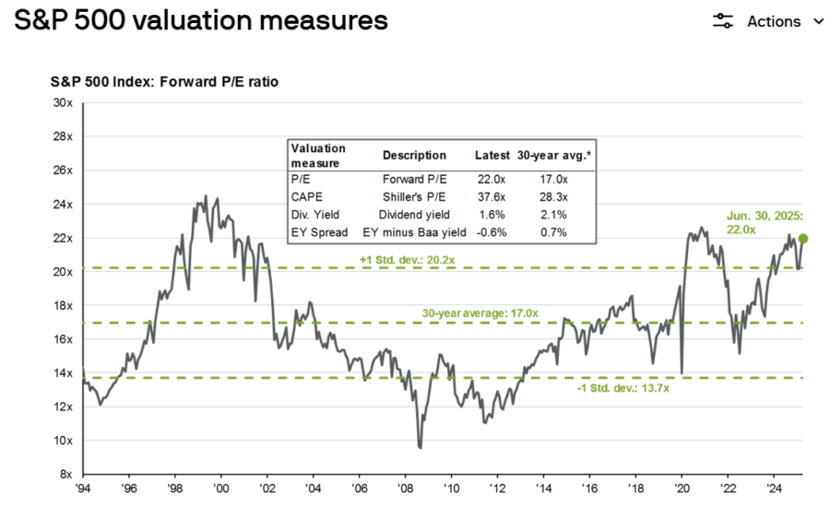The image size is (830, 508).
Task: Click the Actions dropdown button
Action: tap(768, 21)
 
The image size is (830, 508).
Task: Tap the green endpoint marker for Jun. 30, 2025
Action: tap(803, 239)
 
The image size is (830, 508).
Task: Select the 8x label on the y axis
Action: tap(66, 474)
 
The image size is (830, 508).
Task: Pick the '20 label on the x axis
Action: tap(682, 489)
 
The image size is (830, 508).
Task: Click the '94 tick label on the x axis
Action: tap(84, 489)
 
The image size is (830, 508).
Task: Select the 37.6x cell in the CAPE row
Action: tap(489, 197)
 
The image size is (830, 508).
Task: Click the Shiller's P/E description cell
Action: tap(414, 197)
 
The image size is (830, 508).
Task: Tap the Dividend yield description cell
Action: tap(414, 214)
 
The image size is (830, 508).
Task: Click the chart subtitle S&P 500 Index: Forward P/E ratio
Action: tap(164, 82)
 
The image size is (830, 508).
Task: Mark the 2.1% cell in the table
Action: tap(554, 214)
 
